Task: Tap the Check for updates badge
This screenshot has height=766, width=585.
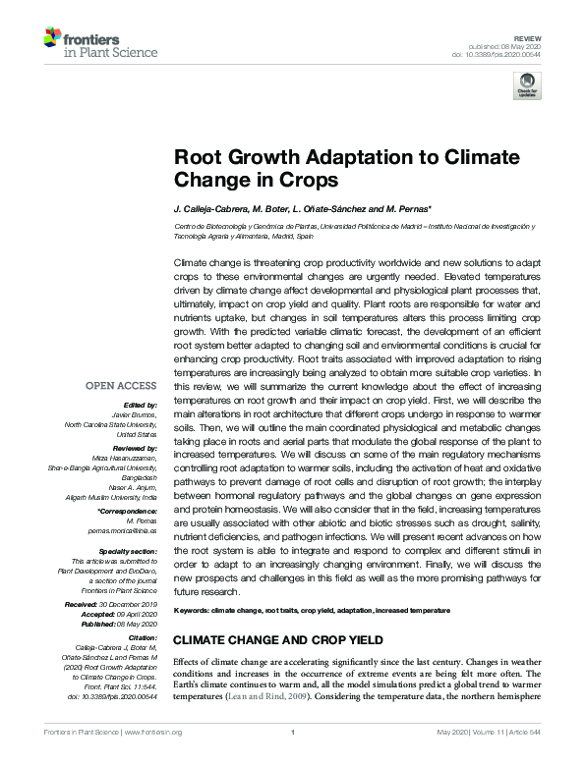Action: click(528, 85)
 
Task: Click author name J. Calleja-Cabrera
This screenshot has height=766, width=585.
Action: click(214, 211)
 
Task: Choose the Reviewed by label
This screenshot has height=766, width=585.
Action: click(133, 444)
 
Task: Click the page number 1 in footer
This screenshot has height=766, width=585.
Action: click(292, 757)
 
